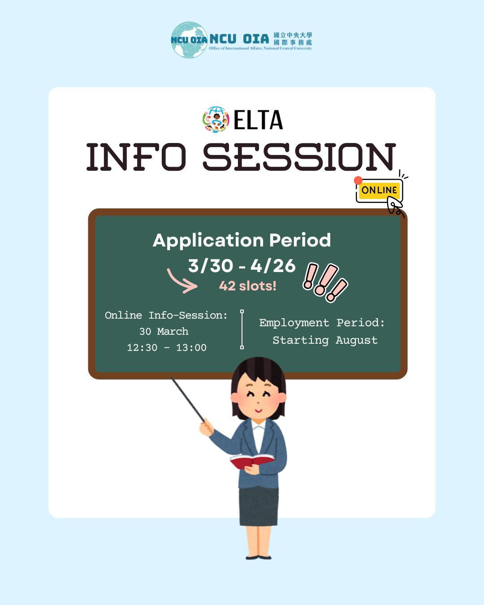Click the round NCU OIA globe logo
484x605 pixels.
(x=189, y=40)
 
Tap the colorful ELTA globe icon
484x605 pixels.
(x=216, y=120)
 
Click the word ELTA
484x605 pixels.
(x=258, y=120)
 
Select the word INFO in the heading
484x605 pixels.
(x=136, y=157)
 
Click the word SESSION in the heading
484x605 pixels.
(x=299, y=157)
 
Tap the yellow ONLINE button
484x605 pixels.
(x=379, y=190)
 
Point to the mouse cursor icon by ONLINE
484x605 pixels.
(x=395, y=207)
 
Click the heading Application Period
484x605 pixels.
(x=242, y=240)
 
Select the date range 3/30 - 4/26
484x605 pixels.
(x=242, y=266)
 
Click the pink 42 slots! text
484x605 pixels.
(x=247, y=286)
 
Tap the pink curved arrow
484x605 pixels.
(x=181, y=281)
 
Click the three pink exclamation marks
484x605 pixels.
(x=325, y=282)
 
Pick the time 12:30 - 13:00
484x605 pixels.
(x=167, y=348)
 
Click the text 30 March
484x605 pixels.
(x=164, y=332)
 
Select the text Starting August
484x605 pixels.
(x=325, y=341)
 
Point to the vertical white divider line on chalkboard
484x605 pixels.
(x=242, y=329)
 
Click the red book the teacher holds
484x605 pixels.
(x=251, y=461)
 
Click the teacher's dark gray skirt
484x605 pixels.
(x=259, y=506)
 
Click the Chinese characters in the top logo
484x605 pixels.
(x=293, y=39)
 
